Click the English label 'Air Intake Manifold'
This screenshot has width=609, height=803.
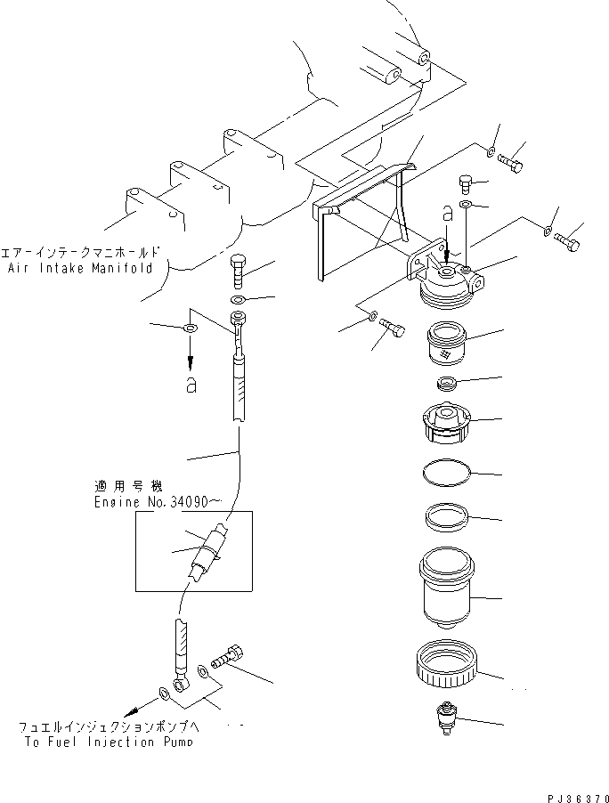[x=77, y=267]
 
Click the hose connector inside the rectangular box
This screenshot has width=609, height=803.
[x=212, y=550]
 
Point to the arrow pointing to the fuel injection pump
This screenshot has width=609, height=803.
[x=138, y=709]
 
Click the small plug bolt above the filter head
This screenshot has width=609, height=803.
[x=466, y=183]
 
